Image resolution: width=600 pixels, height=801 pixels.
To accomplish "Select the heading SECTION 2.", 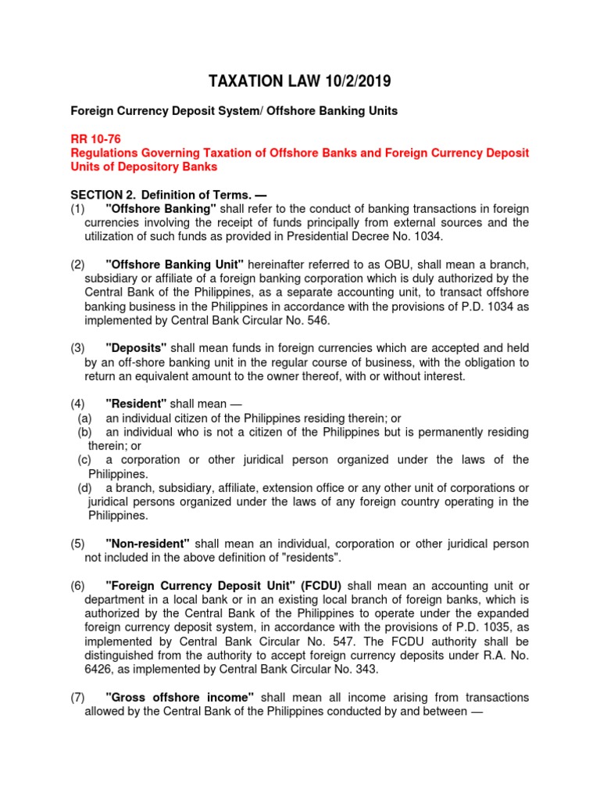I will (x=102, y=195).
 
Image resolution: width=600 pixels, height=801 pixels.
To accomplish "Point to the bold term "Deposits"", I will (x=135, y=348).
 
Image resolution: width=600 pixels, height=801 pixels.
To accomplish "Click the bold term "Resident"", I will (x=136, y=404).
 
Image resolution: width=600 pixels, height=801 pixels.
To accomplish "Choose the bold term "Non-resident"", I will (x=148, y=543).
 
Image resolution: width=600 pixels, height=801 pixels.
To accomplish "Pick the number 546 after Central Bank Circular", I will (x=316, y=320).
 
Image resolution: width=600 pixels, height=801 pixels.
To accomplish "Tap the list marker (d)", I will (x=85, y=487).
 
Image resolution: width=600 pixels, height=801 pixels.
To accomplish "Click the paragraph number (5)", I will (x=77, y=543).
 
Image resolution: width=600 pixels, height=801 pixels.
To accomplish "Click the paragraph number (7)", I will (x=77, y=697).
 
